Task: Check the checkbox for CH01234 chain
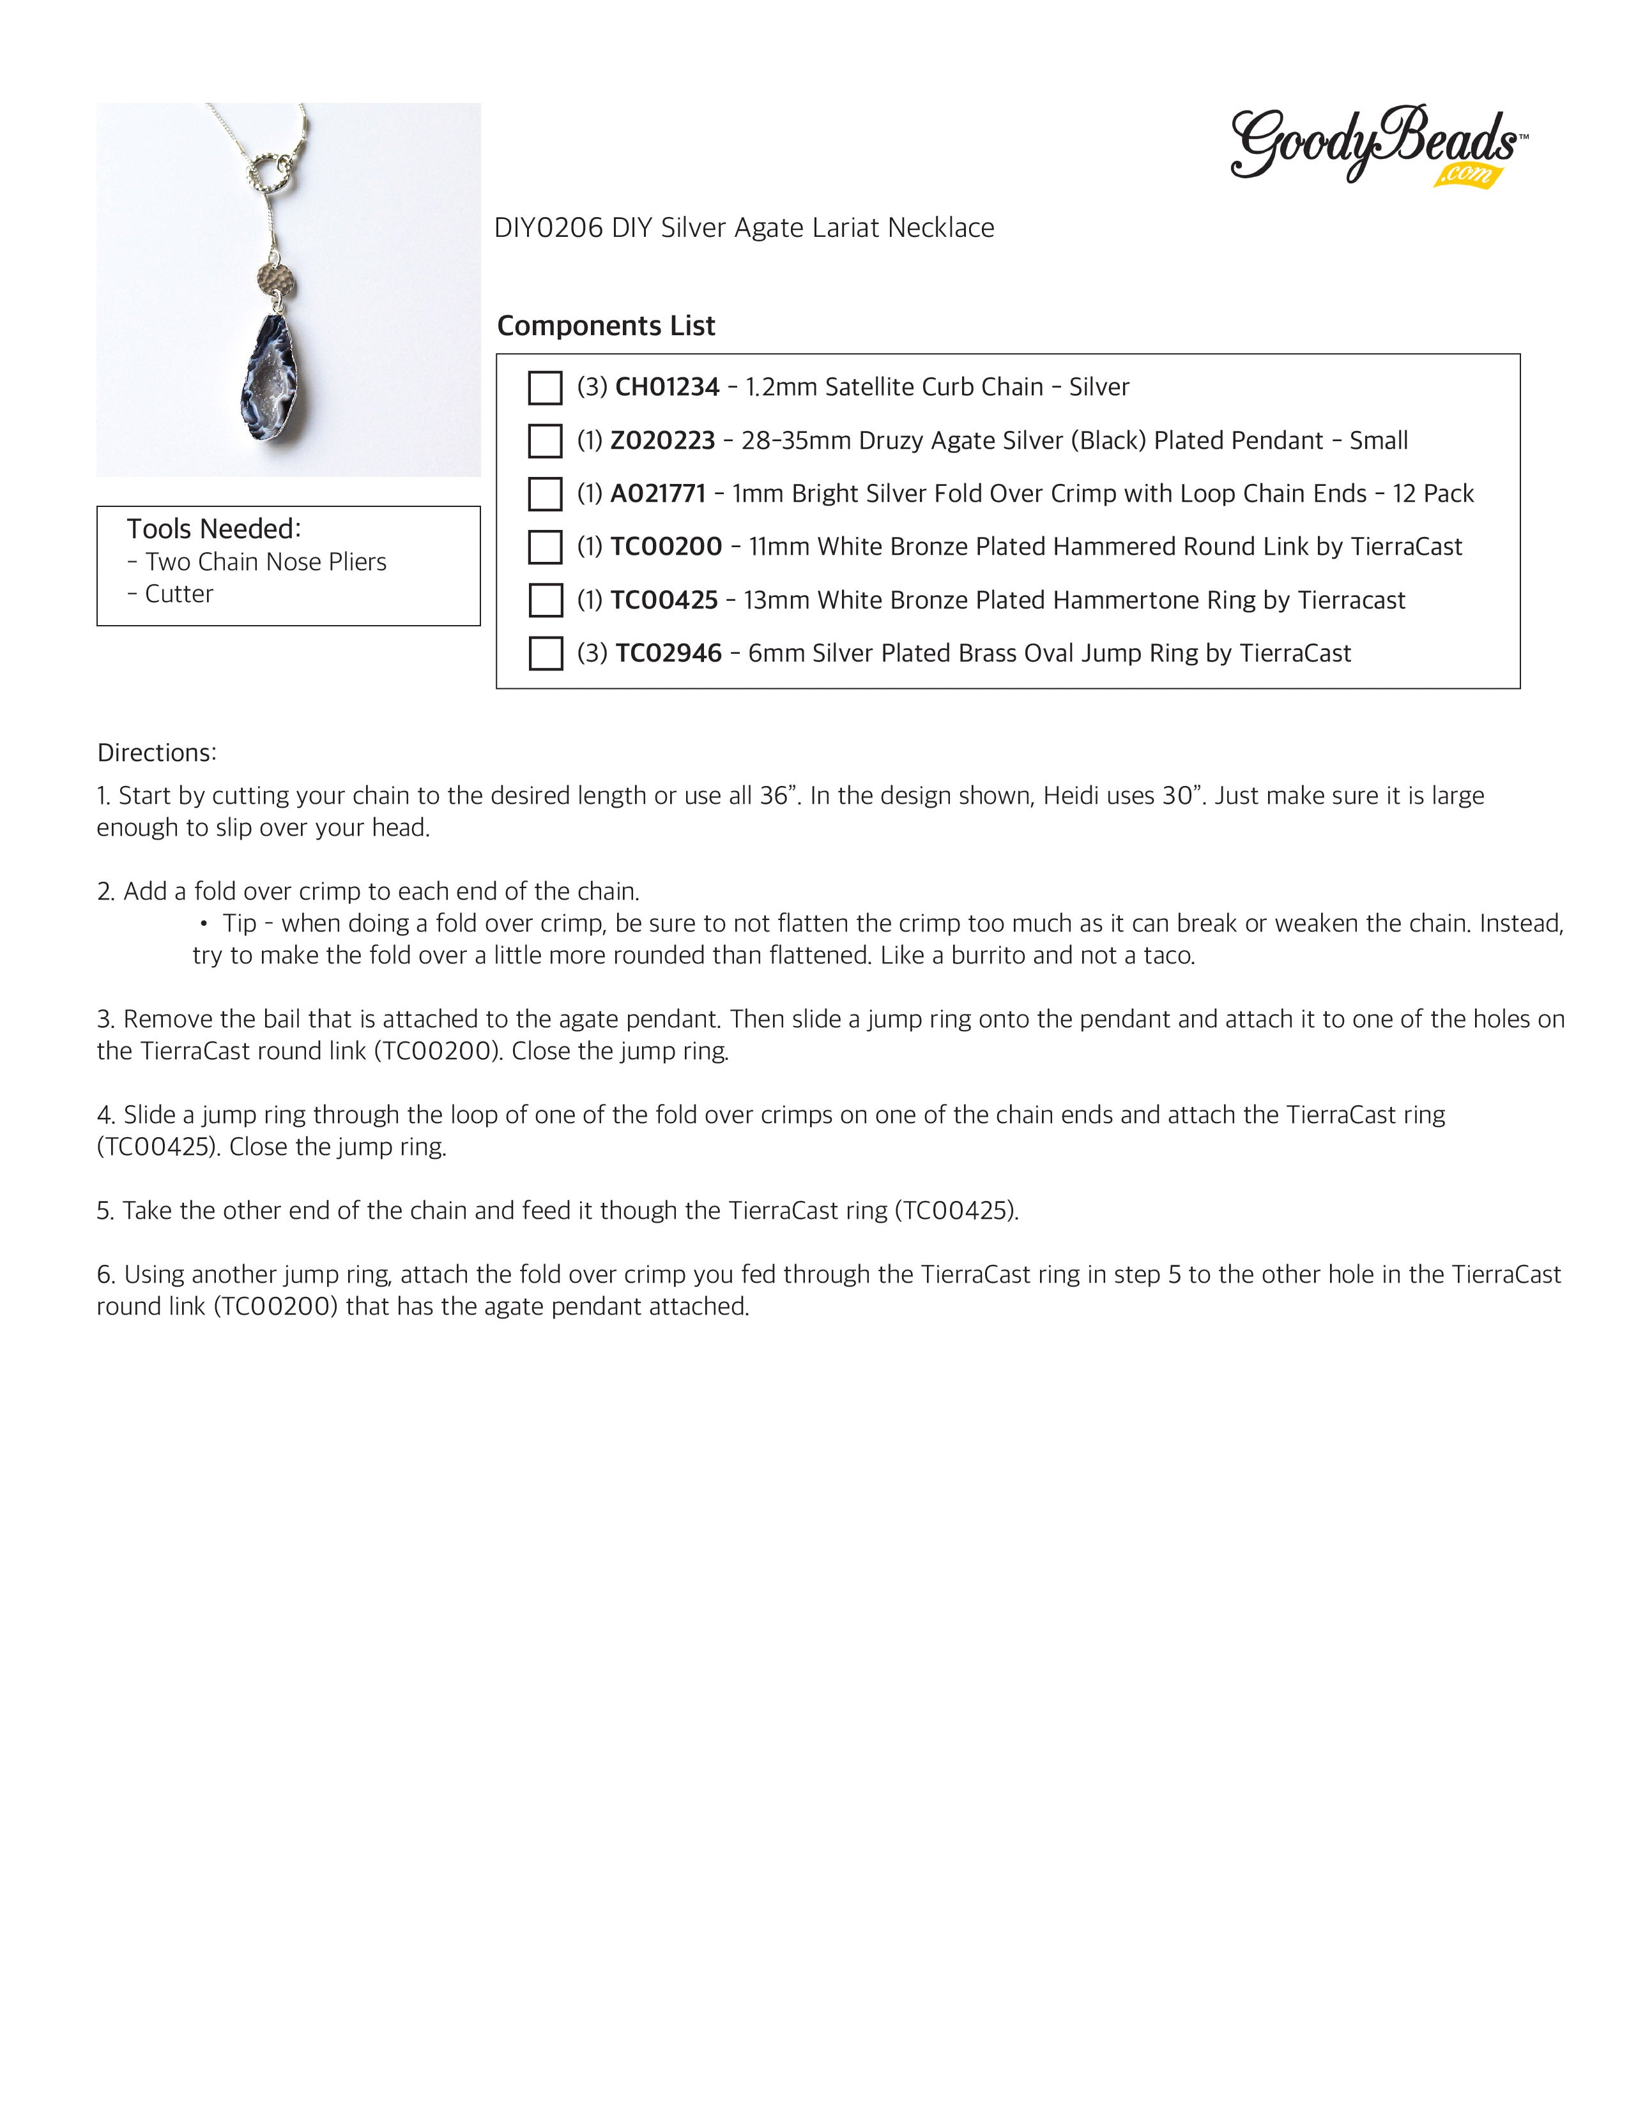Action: (546, 388)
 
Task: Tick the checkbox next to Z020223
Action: (546, 441)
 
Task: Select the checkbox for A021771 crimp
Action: (546, 494)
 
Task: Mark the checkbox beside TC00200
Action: (546, 547)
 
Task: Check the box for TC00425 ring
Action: (546, 600)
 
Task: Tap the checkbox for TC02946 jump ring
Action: (546, 653)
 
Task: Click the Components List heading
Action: (606, 326)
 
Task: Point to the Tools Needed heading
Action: (214, 529)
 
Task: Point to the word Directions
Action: (157, 753)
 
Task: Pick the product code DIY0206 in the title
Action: (548, 228)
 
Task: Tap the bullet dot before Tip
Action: (204, 923)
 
